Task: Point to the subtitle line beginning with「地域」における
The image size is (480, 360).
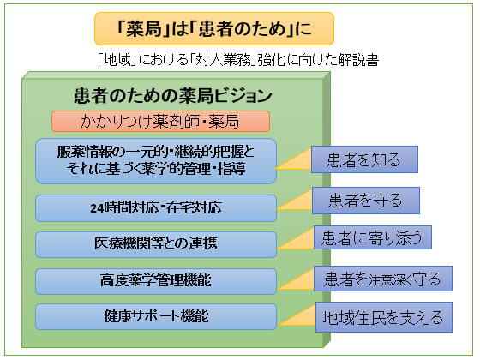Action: pos(238,61)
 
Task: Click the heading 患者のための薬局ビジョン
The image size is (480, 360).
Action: pos(160,95)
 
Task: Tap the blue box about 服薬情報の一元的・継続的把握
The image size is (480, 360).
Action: pos(156,160)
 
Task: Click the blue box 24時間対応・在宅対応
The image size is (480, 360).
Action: pos(156,207)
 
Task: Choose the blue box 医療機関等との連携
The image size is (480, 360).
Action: pos(156,243)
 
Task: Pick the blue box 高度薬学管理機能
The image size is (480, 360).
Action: pos(156,280)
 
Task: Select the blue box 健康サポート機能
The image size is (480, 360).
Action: pos(156,316)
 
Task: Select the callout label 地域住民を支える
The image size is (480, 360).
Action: pos(381,318)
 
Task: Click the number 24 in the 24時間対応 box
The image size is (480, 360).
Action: pos(95,207)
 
